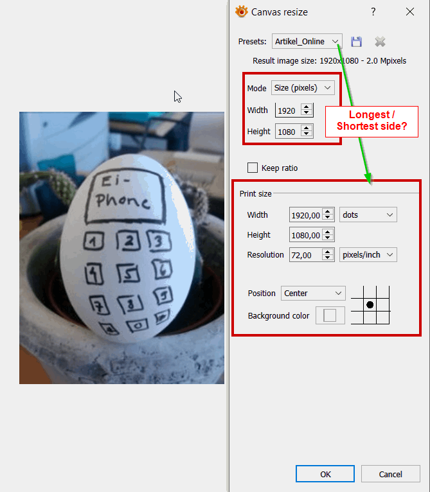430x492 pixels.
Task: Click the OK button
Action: point(325,474)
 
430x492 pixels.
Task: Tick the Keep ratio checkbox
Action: point(253,168)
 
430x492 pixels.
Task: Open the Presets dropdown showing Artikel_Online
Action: point(307,41)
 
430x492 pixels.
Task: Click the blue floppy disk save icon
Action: point(357,41)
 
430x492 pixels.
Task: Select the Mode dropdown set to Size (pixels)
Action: point(303,88)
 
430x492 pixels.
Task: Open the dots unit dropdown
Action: point(368,215)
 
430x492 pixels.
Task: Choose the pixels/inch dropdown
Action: point(368,255)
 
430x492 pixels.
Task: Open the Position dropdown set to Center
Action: point(313,293)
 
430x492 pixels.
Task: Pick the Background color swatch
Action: point(330,315)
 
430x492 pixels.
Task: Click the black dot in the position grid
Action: point(370,304)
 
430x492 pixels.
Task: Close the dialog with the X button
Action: point(410,12)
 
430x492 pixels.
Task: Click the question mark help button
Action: point(373,12)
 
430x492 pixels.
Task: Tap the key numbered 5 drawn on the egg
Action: point(129,274)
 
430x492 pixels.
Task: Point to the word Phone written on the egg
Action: point(123,200)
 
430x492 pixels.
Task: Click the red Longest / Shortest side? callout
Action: point(372,121)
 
